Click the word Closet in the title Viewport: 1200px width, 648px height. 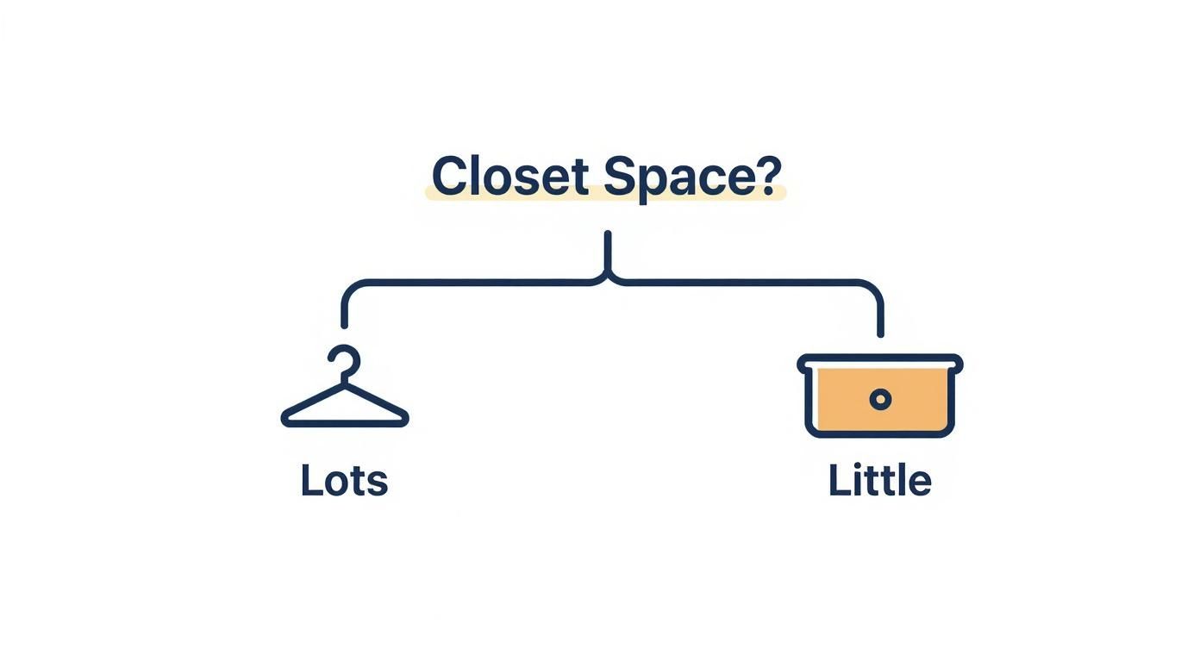coord(509,177)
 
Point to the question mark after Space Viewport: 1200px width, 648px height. coord(767,175)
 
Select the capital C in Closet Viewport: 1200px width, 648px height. coord(450,177)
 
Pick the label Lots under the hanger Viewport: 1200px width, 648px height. coord(344,481)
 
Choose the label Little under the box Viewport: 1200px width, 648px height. coord(879,481)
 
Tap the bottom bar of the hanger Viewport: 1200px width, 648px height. coord(345,423)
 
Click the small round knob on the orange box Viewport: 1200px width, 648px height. coord(880,399)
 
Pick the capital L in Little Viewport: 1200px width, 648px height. coord(837,481)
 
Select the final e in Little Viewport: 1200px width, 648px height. coord(920,483)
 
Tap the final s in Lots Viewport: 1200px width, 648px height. coord(378,483)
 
